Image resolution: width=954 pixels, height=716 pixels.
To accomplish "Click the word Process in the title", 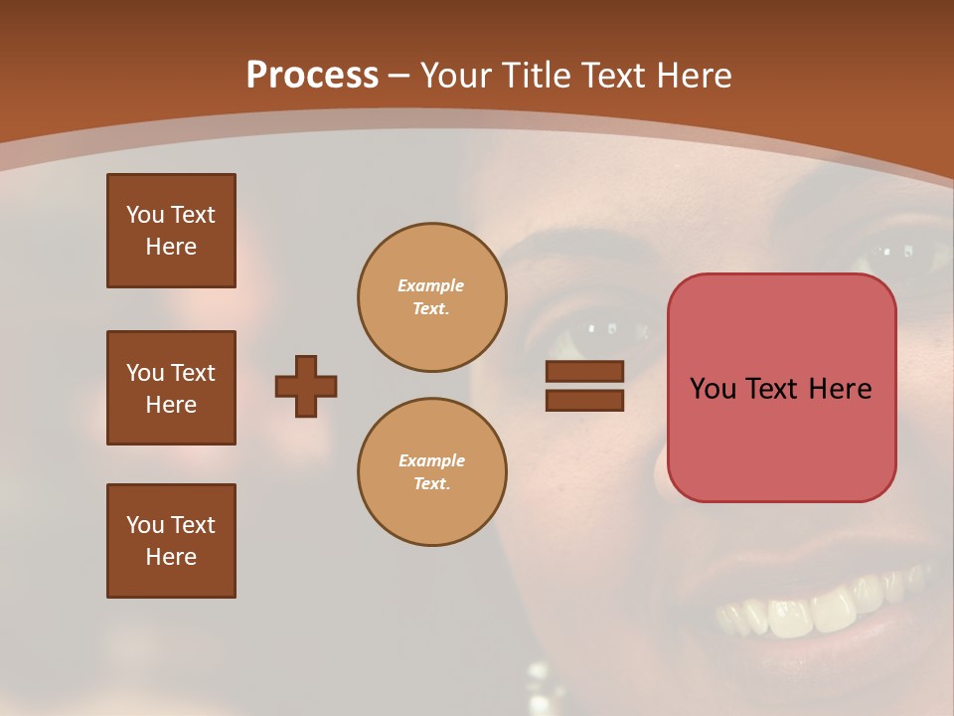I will [312, 75].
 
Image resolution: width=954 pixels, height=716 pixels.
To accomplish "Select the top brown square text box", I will [171, 231].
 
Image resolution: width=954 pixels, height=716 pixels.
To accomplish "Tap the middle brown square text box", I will [171, 388].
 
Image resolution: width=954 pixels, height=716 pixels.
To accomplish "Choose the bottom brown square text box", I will [171, 541].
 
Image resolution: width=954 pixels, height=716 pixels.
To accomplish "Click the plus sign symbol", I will [306, 386].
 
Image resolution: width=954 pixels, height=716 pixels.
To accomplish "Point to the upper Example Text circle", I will [432, 297].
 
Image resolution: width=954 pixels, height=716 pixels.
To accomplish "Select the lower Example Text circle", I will [432, 472].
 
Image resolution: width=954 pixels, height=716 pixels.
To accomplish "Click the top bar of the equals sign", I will [585, 371].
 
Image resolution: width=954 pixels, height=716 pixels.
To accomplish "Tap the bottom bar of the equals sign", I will [585, 400].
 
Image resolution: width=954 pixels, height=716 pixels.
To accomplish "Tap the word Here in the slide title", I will [694, 75].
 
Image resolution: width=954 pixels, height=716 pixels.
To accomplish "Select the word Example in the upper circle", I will [431, 285].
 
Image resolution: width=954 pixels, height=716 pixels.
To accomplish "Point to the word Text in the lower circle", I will [431, 484].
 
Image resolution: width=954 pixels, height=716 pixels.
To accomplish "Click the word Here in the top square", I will [171, 247].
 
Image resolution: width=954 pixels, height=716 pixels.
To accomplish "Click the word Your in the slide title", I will [457, 75].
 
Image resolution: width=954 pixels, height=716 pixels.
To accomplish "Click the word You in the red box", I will [713, 388].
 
